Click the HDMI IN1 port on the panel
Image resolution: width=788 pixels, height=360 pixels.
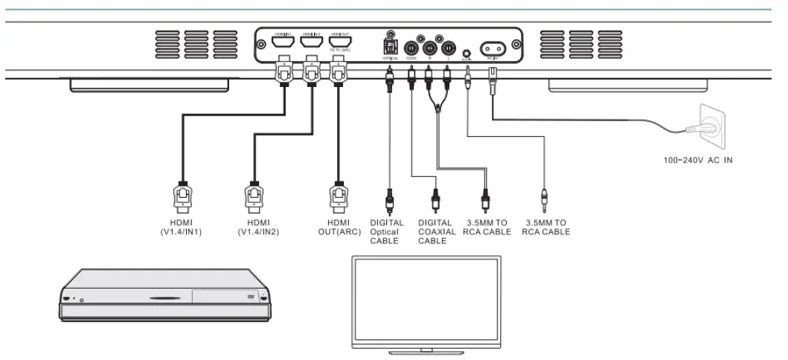pos(282,43)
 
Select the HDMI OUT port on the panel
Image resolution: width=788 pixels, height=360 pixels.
pos(339,43)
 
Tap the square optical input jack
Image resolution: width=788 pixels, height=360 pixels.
pos(389,44)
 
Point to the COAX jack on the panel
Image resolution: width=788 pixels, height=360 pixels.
pos(411,49)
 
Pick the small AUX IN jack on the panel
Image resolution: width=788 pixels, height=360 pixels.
pos(467,54)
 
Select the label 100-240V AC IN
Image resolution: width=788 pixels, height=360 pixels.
pos(698,160)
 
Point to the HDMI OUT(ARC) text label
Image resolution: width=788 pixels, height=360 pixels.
pos(338,227)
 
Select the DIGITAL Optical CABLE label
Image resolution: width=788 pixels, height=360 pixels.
pos(387,231)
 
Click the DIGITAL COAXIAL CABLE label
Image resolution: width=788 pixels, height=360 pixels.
pos(436,231)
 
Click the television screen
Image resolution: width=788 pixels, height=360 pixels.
pos(426,298)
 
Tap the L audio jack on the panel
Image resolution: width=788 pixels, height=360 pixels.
pos(448,49)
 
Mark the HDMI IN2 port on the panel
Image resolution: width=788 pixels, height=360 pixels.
pos(310,43)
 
